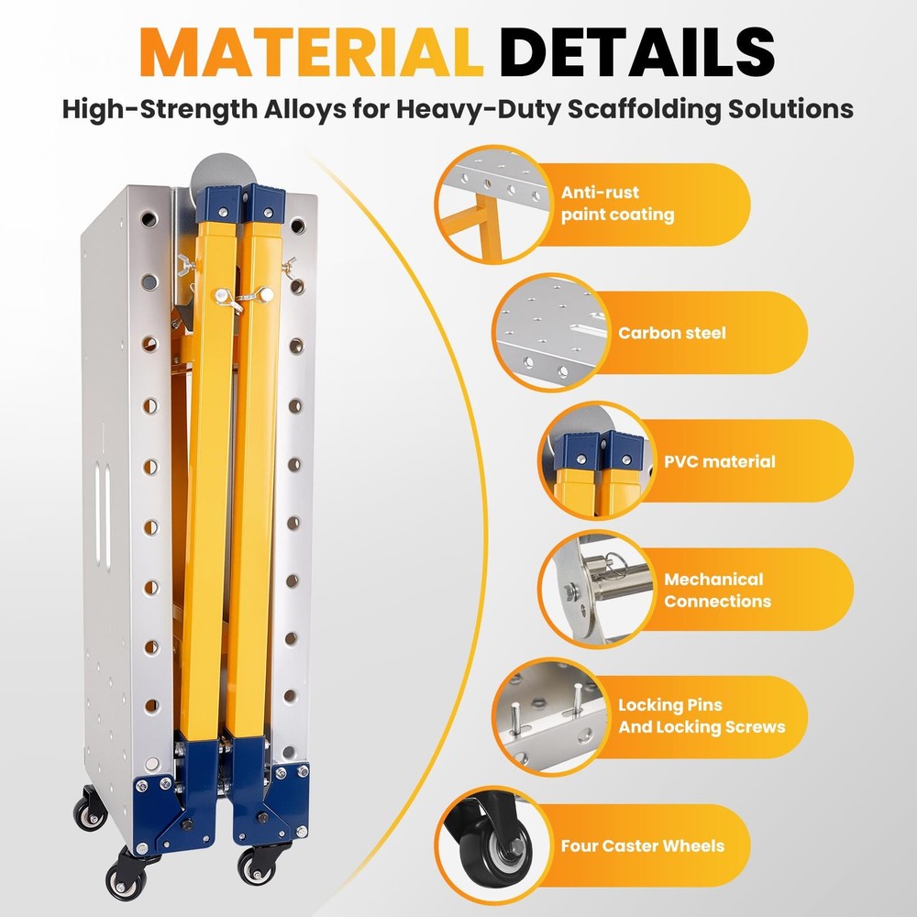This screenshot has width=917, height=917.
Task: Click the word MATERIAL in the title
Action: click(x=312, y=52)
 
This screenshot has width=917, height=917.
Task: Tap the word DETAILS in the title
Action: click(x=637, y=52)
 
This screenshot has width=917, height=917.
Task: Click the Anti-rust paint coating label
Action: click(x=617, y=204)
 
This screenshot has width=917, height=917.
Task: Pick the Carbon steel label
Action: click(x=672, y=333)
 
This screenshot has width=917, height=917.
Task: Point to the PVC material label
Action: click(x=719, y=461)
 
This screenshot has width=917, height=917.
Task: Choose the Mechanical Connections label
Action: click(x=718, y=590)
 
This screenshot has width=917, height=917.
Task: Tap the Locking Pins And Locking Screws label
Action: click(x=702, y=716)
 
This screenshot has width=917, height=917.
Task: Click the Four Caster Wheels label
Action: click(x=643, y=845)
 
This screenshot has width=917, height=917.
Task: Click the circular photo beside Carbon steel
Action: click(x=551, y=332)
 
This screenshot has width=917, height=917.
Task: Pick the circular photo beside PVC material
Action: click(x=597, y=460)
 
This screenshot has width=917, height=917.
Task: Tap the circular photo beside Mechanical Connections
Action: click(x=597, y=589)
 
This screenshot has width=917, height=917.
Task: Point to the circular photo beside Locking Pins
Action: click(x=551, y=717)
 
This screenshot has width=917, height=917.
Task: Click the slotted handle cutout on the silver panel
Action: click(x=103, y=515)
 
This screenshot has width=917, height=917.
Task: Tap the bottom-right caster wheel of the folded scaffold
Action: click(x=257, y=867)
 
